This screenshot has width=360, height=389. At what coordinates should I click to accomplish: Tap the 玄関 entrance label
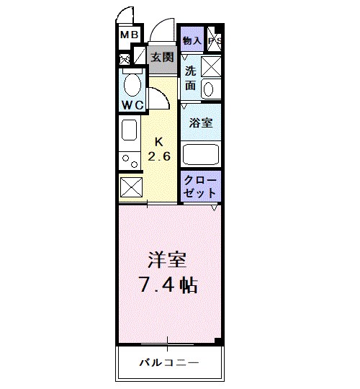(163, 57)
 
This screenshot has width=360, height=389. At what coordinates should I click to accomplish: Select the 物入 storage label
(192, 40)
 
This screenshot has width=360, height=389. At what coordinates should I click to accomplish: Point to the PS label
(214, 41)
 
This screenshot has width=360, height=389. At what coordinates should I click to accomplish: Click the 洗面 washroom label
(190, 78)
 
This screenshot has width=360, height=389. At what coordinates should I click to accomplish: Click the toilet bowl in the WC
(132, 86)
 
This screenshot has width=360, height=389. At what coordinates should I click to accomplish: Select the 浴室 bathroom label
(200, 123)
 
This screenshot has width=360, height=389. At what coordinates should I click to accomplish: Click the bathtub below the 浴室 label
(201, 153)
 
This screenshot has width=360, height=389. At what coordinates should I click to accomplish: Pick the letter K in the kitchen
(160, 141)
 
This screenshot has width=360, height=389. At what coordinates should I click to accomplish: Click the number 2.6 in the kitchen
(160, 156)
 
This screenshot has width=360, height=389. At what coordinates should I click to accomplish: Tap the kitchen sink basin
(129, 130)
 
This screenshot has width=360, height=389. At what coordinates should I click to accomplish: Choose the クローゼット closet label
(200, 186)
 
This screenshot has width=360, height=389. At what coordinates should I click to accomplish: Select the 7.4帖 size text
(168, 284)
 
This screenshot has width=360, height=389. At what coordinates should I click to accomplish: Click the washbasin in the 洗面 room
(208, 89)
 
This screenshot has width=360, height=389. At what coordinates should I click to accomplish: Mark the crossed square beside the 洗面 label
(211, 66)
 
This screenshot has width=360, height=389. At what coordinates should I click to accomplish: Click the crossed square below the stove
(131, 186)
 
